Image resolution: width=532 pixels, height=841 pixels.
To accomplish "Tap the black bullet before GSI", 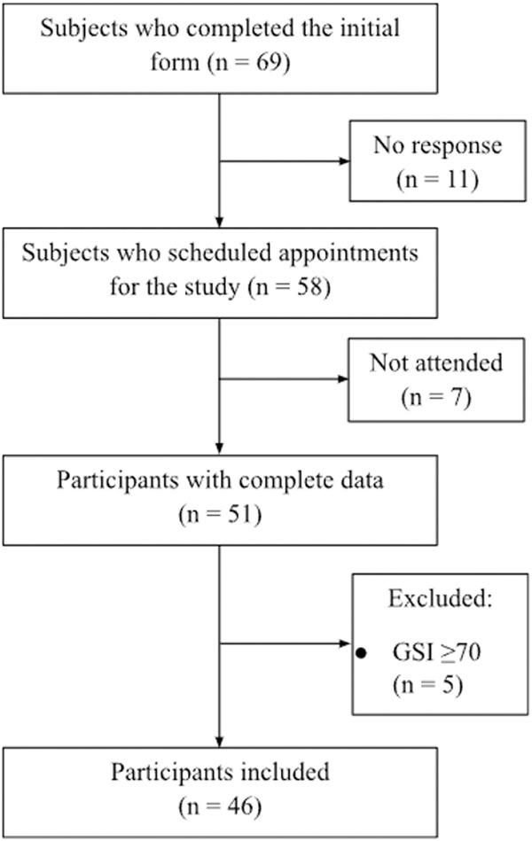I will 362,653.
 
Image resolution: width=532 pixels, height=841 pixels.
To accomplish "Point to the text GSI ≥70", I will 435,655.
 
